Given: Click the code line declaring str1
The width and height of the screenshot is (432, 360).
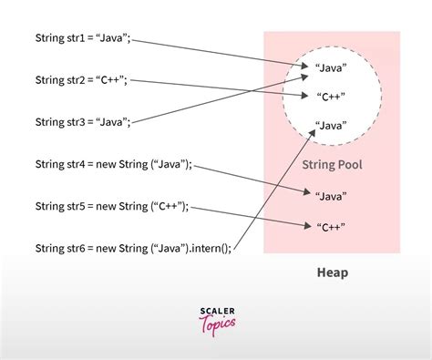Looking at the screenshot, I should click(84, 39).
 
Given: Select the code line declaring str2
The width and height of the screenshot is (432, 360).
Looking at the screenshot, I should click(81, 80).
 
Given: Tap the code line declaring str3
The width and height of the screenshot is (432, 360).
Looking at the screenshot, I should click(84, 121).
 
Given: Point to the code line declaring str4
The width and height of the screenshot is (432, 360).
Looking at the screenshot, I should click(114, 165).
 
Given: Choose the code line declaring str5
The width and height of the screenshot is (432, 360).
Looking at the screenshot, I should click(112, 206).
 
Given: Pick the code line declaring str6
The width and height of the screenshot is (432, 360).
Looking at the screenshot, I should click(132, 248).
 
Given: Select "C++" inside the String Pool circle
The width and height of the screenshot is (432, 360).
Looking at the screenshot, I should click(330, 95).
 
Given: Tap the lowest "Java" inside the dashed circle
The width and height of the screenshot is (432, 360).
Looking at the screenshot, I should click(330, 125).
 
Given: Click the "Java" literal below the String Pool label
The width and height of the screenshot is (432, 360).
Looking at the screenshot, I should click(330, 195).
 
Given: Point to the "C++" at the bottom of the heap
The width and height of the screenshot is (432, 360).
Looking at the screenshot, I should click(330, 227).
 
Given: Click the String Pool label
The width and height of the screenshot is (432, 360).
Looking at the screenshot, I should click(332, 164).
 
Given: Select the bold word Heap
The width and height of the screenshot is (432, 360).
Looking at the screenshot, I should click(332, 273).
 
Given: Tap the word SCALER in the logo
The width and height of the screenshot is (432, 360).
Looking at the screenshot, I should click(216, 313).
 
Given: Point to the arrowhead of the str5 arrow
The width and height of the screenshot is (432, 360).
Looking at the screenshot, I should click(305, 226).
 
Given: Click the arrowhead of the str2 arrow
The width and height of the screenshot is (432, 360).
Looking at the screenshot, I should click(305, 93).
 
